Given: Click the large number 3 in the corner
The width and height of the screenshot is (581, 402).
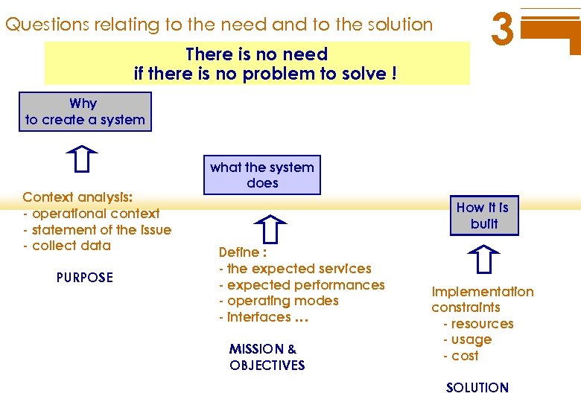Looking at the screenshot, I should pos(503,31).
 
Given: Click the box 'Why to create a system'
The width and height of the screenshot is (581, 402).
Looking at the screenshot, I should pos(85,112).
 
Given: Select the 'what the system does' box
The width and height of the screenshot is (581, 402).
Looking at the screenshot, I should pos(262,175).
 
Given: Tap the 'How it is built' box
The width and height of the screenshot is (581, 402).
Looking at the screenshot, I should pos(483,215).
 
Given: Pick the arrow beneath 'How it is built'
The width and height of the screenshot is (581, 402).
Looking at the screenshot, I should pos(483,261).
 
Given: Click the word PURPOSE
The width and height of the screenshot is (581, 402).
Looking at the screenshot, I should pos(85,278).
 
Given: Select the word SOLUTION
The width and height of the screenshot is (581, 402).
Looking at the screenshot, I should pos(477,387).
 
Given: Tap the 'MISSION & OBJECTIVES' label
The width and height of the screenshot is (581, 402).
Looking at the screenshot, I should pos(267,357).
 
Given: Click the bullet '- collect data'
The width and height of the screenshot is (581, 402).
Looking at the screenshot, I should pos(67,246).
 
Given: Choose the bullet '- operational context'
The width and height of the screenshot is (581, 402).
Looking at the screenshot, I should pos(92,214).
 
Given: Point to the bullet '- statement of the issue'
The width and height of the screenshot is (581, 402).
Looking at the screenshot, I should pos(98,230).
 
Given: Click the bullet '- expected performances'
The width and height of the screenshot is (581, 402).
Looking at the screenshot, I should pos(302,285).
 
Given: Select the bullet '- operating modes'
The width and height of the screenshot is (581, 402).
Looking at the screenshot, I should pos(279,301).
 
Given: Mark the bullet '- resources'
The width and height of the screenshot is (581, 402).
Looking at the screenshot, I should pos(478,324).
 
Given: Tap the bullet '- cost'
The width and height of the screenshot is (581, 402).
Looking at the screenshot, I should pos(461,356).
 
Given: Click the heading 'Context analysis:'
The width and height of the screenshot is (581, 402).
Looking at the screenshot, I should pos(78,197).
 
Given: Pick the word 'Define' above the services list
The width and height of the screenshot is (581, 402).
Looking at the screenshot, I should pos(238,252).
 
